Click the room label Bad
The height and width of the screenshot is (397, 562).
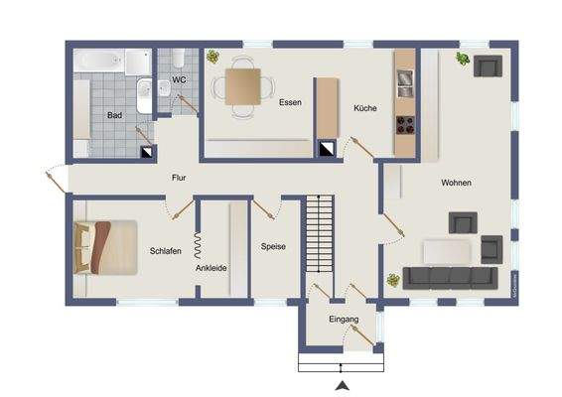coord(115,115)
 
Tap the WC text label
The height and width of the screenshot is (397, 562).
coord(179,79)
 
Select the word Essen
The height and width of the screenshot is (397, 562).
coord(290,102)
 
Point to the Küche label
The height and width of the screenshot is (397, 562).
coord(364,108)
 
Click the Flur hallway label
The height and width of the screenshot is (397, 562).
coord(179,178)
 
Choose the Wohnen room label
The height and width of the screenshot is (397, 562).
coord(457,183)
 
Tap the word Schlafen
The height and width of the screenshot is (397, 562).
coord(165,251)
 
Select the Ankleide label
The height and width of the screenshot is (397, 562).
coord(211,268)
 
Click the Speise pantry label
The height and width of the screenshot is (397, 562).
coord(273,246)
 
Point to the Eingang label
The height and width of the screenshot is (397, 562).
coord(343,319)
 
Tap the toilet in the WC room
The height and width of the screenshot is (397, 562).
coord(178,61)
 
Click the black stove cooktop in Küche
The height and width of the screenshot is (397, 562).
coord(405,124)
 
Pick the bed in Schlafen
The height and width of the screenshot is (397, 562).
coord(106,245)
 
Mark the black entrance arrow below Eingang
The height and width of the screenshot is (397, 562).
coord(343,384)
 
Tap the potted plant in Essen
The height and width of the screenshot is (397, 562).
coord(213,57)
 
